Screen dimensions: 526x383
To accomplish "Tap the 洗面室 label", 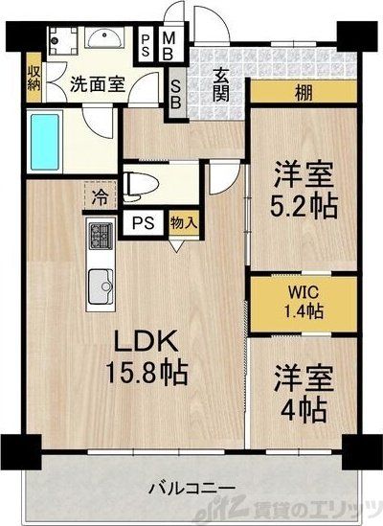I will tap(97, 82).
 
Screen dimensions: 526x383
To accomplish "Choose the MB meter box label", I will tap(168, 44).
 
